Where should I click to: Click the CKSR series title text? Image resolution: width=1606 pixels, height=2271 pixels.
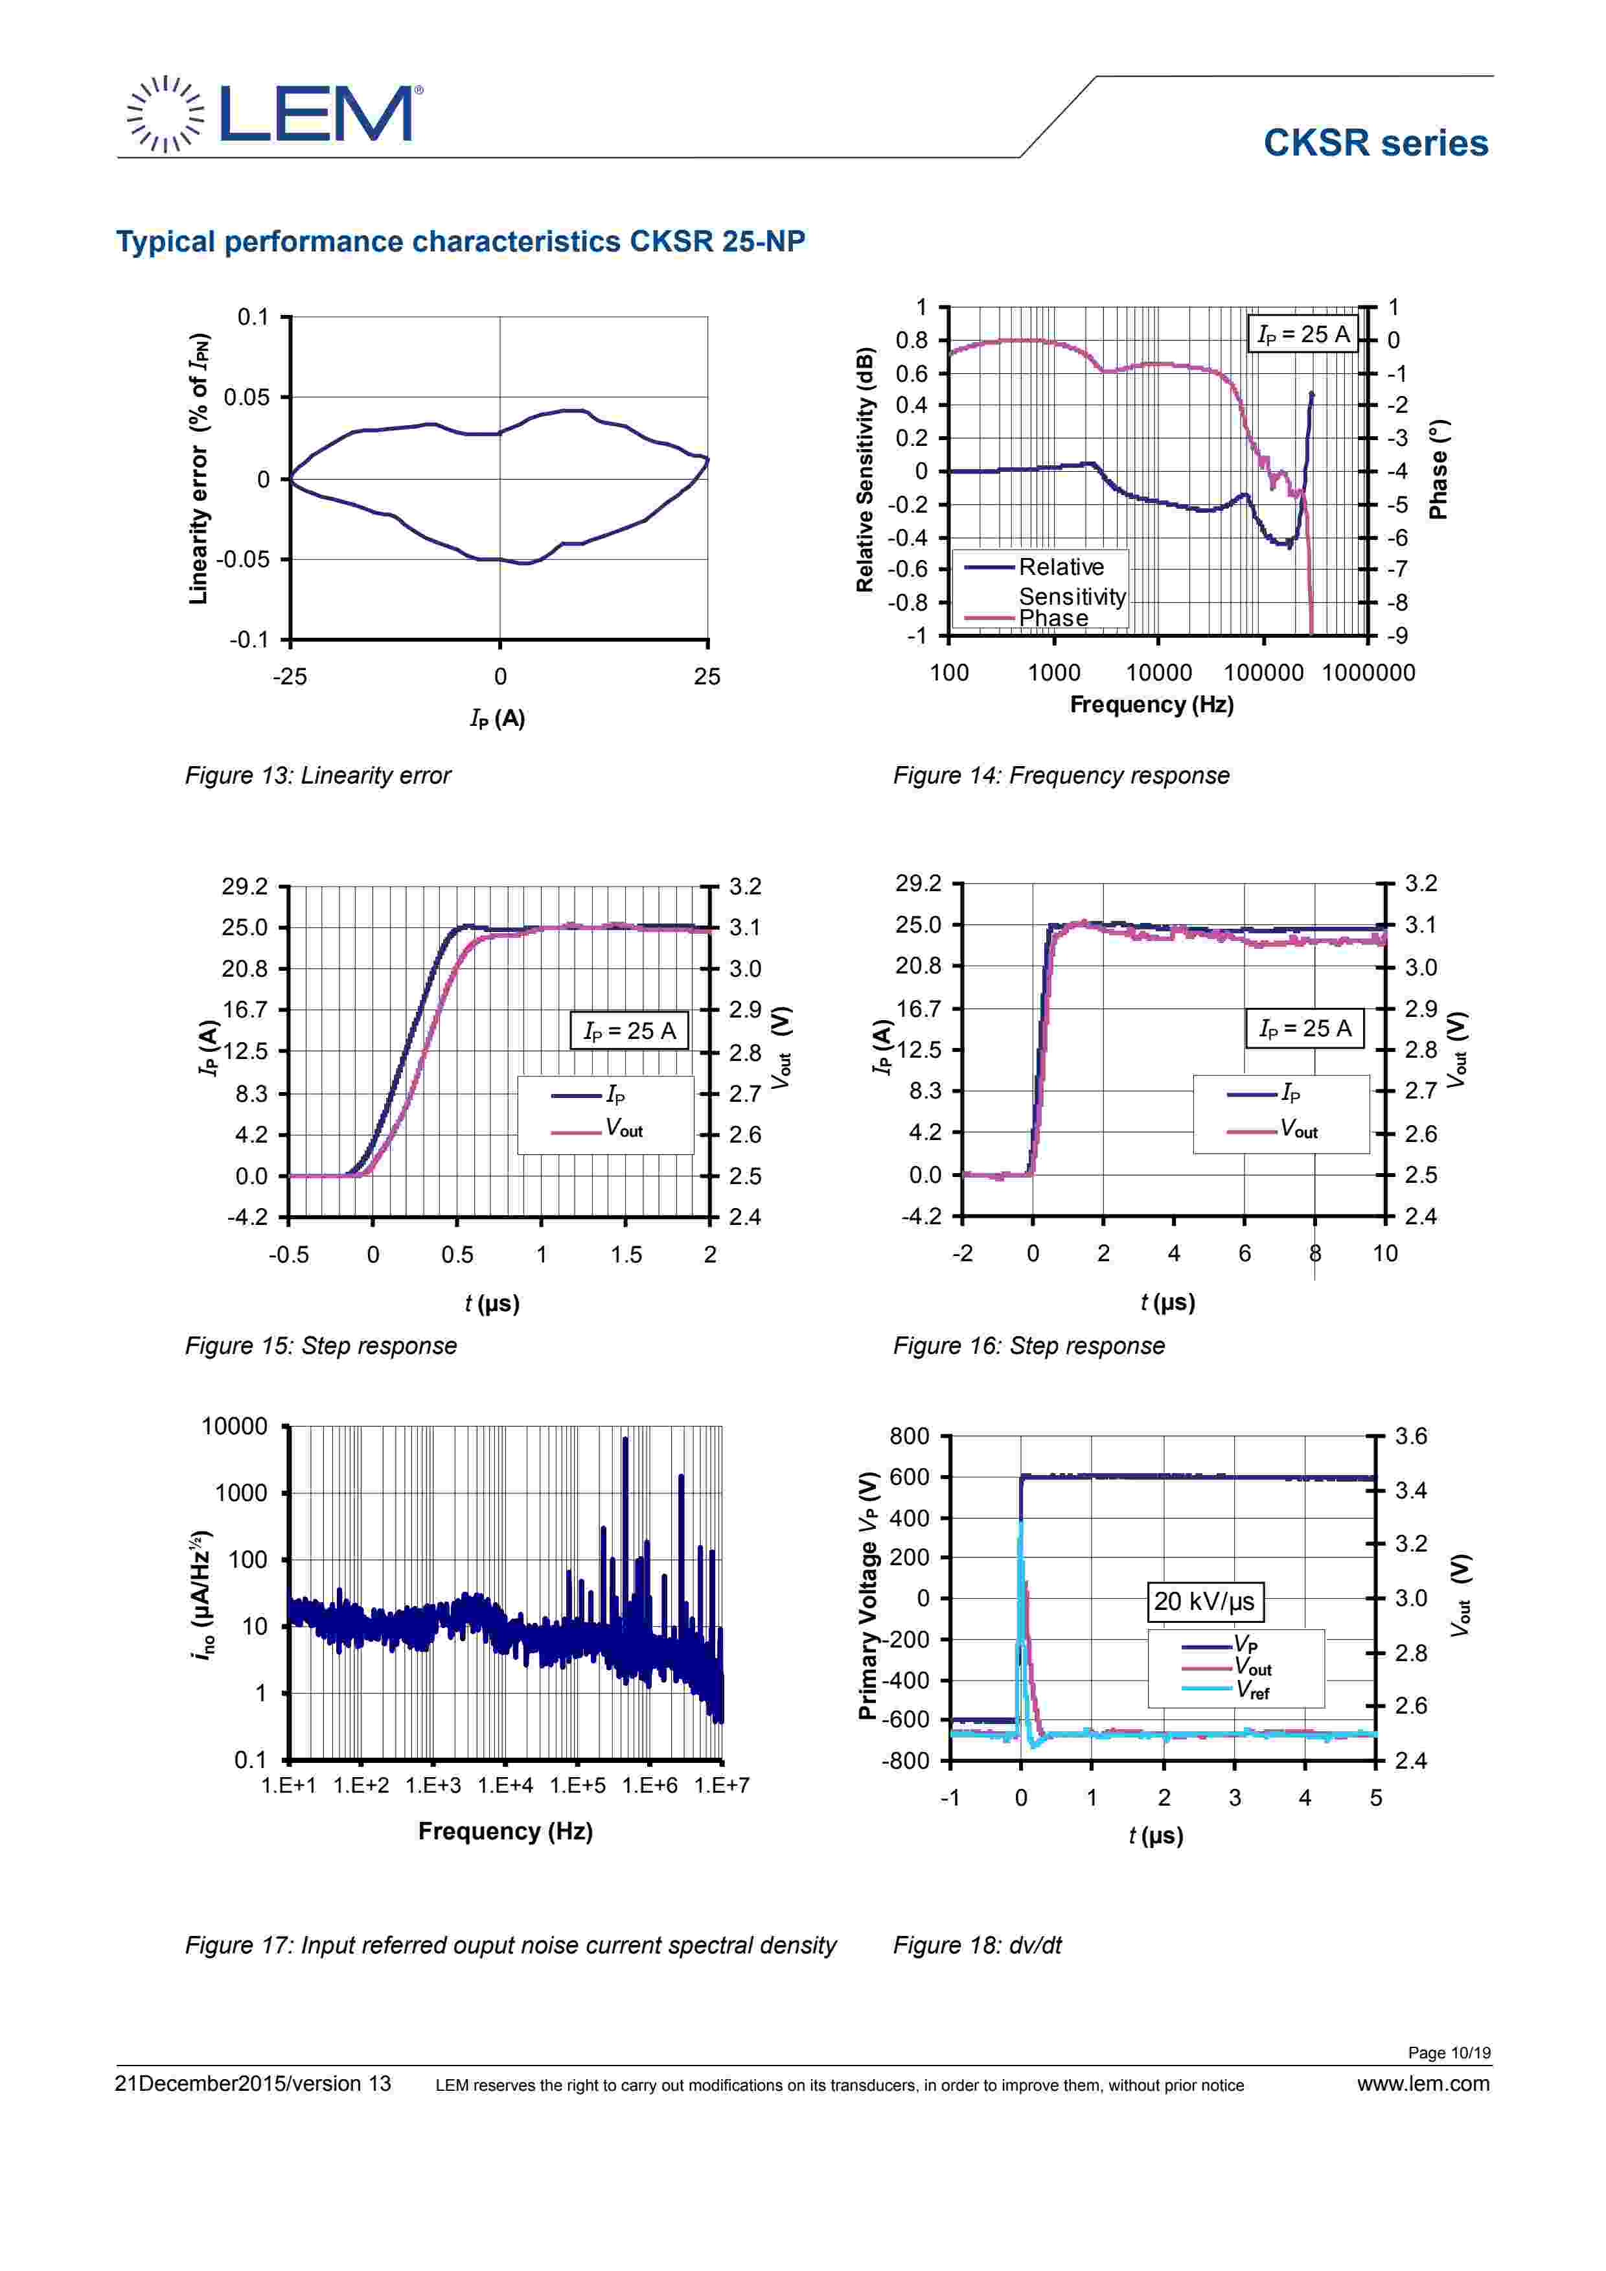tap(1375, 143)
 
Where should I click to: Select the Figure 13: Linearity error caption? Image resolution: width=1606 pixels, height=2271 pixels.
tap(317, 775)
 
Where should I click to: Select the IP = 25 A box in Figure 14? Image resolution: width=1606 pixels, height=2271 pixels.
tap(1302, 335)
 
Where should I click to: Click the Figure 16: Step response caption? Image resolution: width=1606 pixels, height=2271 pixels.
tap(1029, 1346)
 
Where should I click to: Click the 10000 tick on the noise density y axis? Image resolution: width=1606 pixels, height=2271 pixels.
tap(235, 1427)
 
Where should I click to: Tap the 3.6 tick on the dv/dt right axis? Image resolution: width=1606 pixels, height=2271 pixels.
tap(1411, 1436)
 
